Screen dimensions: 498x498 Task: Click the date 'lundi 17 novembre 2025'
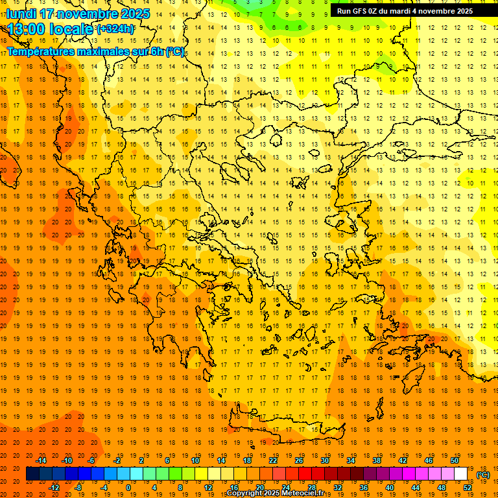click(x=78, y=14)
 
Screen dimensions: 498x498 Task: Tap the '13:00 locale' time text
click(x=49, y=29)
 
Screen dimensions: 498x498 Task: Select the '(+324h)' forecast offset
click(x=115, y=29)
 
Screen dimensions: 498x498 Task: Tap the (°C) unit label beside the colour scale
click(x=482, y=475)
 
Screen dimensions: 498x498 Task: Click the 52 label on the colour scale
click(x=468, y=487)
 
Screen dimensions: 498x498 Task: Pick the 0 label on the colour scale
click(x=128, y=487)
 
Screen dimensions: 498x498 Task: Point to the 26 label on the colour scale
click(x=298, y=460)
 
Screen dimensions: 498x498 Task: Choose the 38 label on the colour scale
click(x=376, y=460)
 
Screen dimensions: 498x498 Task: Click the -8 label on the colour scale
click(x=78, y=487)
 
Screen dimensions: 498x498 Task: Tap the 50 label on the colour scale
click(x=454, y=460)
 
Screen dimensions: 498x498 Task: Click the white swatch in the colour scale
click(x=460, y=474)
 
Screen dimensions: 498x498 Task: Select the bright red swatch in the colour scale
click(x=305, y=474)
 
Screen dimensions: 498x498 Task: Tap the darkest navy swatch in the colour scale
click(x=32, y=474)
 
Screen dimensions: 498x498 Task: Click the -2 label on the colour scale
click(x=117, y=460)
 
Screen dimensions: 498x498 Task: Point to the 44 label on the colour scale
click(x=416, y=487)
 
